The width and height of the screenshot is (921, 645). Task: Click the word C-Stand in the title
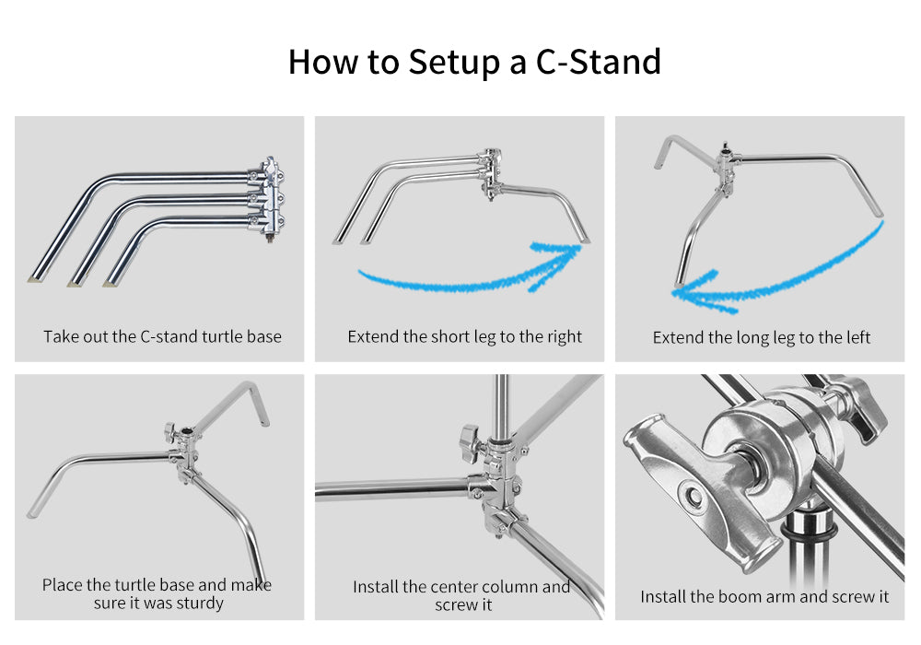[x=598, y=62]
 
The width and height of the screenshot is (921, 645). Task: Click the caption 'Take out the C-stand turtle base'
[x=162, y=336]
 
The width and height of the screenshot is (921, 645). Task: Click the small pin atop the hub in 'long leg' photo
[x=726, y=145]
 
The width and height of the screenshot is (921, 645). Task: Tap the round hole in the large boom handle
[x=694, y=495]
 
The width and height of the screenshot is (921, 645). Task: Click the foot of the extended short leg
[x=584, y=240]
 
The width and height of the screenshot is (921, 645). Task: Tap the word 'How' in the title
[x=322, y=62]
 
